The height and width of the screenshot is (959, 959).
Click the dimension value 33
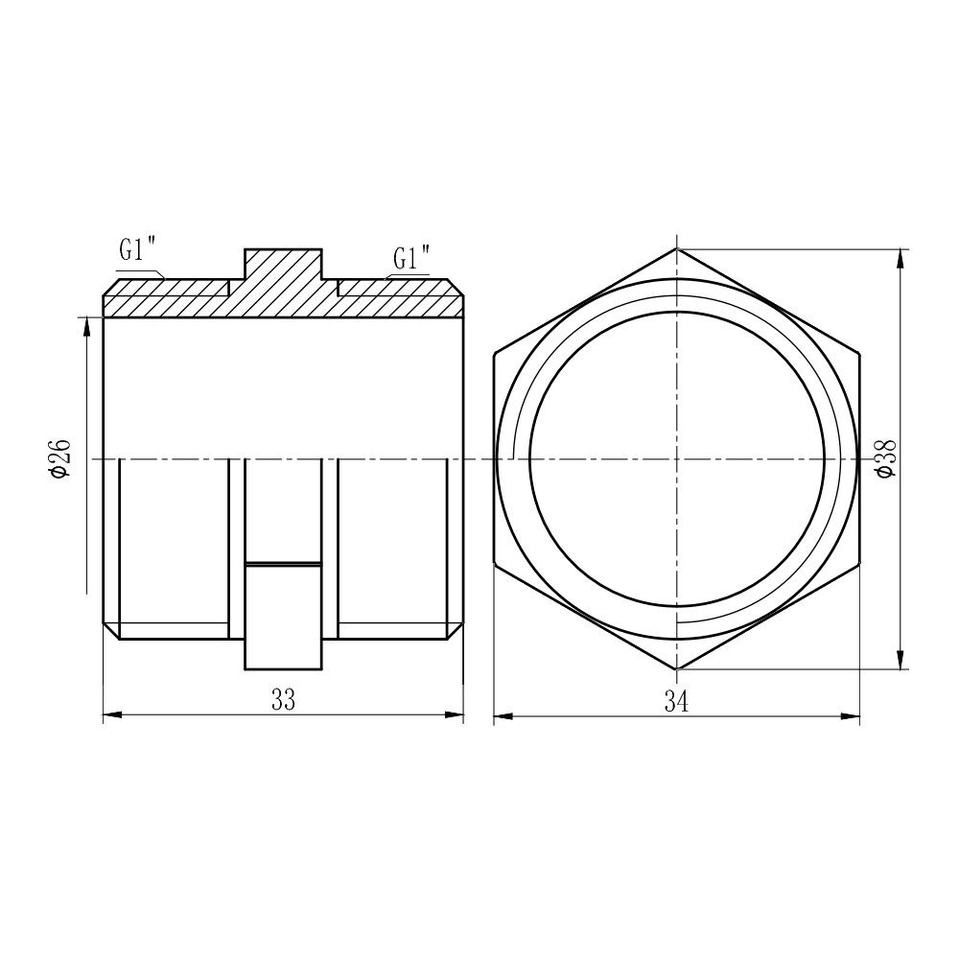(282, 701)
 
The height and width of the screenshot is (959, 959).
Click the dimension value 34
(676, 702)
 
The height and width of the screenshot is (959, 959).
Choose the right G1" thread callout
(411, 258)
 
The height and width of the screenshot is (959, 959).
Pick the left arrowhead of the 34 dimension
(502, 715)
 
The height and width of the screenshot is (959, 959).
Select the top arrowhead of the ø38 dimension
(901, 257)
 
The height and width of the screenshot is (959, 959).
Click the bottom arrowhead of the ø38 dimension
(901, 661)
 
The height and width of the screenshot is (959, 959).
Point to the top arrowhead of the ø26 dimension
(87, 326)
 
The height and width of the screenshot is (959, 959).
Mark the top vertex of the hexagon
(676, 249)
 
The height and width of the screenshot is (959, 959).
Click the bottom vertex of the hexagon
(676, 668)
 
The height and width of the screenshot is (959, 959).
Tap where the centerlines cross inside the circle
(676, 458)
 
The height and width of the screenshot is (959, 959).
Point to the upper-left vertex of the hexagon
(495, 354)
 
